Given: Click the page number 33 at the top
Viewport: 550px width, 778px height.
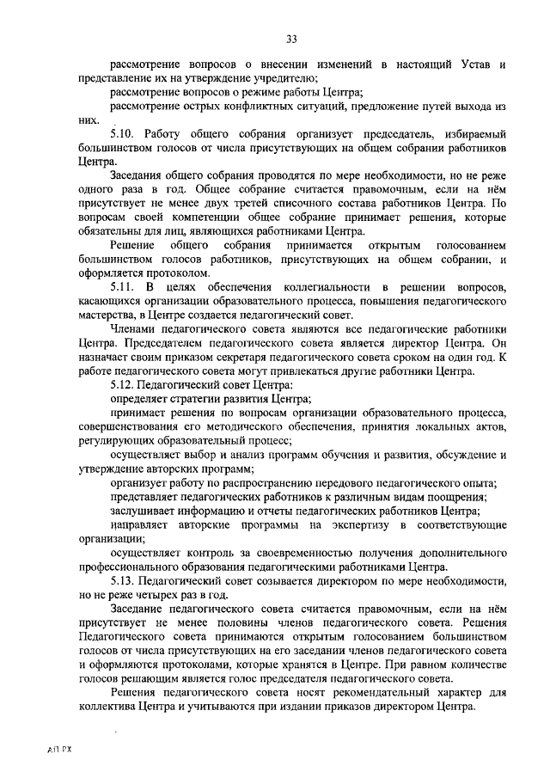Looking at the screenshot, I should click(x=291, y=38).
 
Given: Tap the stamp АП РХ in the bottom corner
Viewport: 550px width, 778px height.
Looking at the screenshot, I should click(x=61, y=750).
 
